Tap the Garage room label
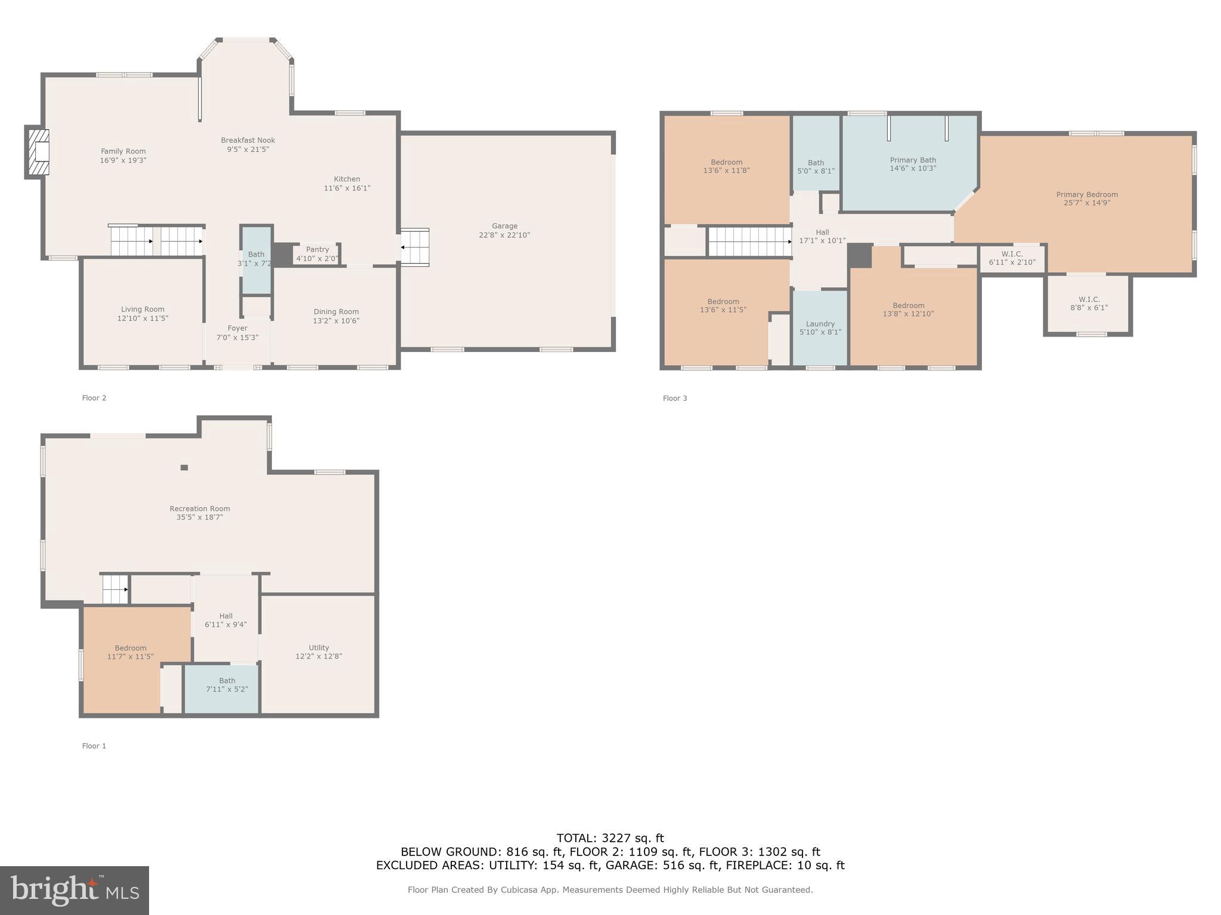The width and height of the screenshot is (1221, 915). click(x=504, y=226)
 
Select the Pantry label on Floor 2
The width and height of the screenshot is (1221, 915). click(x=317, y=250)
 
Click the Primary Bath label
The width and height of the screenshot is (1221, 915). click(x=913, y=160)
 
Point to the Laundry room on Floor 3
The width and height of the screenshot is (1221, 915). click(x=820, y=328)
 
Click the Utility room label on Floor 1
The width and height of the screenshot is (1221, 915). click(x=319, y=648)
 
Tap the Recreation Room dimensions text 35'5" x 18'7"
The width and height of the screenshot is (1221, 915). click(x=200, y=518)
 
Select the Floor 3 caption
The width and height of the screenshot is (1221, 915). click(x=675, y=399)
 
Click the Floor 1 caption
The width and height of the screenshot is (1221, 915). click(x=94, y=746)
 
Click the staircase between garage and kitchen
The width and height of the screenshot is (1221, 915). click(x=415, y=247)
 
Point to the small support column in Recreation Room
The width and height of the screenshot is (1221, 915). click(x=184, y=468)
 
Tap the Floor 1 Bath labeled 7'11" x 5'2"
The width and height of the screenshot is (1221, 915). click(x=227, y=685)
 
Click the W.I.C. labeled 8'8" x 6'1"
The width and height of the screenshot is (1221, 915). click(x=1089, y=304)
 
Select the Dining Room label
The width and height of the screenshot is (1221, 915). click(x=336, y=312)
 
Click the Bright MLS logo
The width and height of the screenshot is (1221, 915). click(x=74, y=890)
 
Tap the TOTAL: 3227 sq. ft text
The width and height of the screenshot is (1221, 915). click(x=610, y=838)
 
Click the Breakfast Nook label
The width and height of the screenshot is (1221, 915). click(x=248, y=141)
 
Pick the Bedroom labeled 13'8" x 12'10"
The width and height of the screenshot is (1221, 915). click(x=908, y=310)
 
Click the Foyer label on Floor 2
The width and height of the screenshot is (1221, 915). click(x=237, y=328)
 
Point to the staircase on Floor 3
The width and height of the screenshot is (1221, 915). click(x=749, y=241)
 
